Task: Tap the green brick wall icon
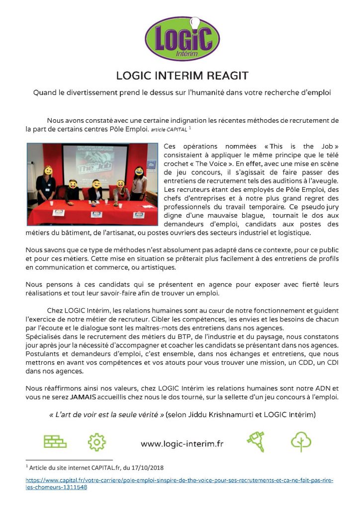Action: pyautogui.click(x=55, y=442)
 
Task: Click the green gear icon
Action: pyautogui.click(x=96, y=442)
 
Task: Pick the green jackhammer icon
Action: pyautogui.click(x=255, y=441)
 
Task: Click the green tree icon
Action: pyautogui.click(x=301, y=441)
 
